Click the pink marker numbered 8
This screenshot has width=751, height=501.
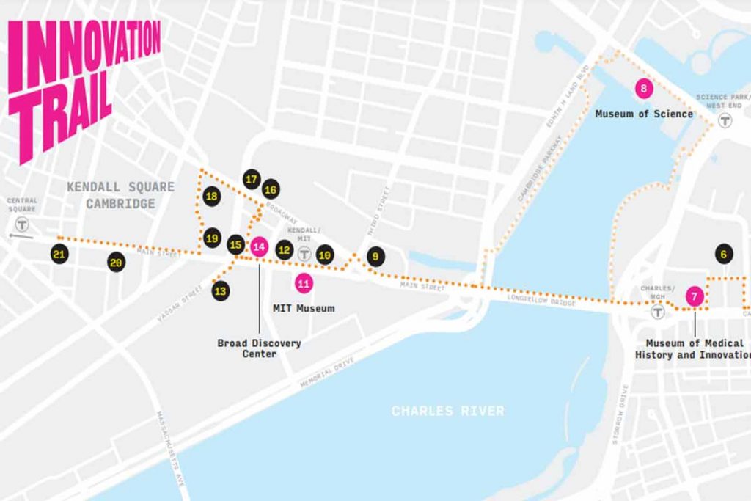[644, 89]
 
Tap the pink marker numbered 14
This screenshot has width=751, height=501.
[259, 246]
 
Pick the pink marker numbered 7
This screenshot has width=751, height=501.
[694, 296]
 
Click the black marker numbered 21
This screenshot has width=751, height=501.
[59, 255]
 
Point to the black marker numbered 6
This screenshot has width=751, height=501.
[723, 255]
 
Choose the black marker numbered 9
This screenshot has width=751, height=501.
[375, 257]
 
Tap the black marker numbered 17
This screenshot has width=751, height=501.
[252, 179]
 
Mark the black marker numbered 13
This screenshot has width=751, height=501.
[221, 291]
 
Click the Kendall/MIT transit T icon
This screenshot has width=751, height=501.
[304, 253]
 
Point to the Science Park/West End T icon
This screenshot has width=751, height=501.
[725, 120]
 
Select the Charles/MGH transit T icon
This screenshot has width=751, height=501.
[658, 312]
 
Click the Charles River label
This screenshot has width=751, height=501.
[447, 411]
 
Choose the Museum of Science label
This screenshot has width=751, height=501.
[643, 114]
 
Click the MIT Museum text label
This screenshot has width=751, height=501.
[304, 308]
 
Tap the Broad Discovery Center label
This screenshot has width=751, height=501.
[259, 348]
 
